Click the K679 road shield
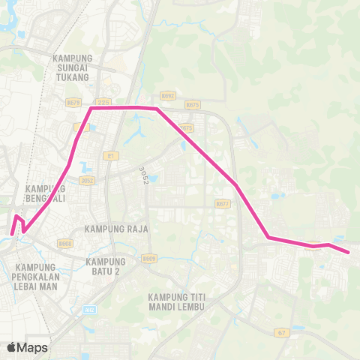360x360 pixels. [73, 100]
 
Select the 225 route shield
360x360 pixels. [103, 100]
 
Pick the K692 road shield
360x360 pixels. [167, 96]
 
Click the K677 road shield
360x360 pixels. [222, 203]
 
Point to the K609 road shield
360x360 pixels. [149, 258]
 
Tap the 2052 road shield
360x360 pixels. [88, 180]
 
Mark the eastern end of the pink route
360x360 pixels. [349, 253]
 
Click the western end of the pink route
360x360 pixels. [13, 234]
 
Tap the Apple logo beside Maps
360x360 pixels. [12, 347]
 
